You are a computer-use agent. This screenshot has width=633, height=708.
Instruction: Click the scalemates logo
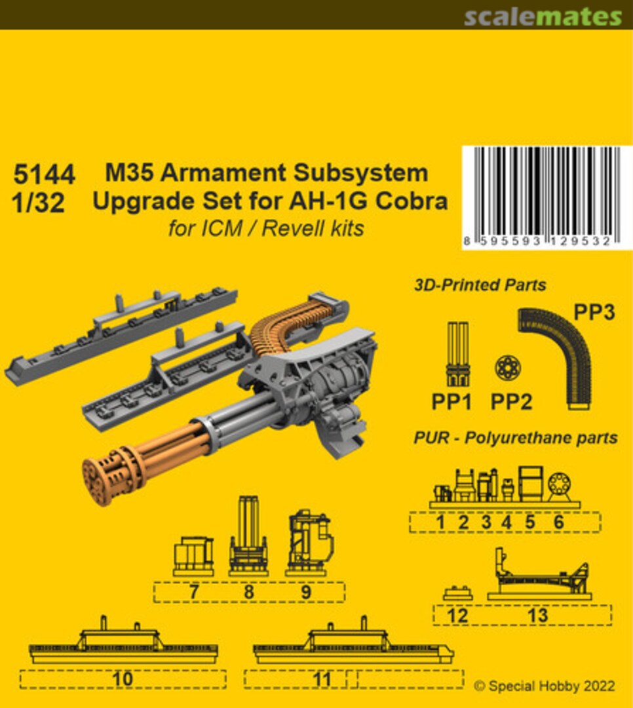click(x=543, y=17)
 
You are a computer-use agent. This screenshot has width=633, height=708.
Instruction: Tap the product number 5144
click(x=44, y=176)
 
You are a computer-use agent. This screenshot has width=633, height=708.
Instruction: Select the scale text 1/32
click(x=39, y=204)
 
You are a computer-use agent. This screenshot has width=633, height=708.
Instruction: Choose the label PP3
click(x=594, y=313)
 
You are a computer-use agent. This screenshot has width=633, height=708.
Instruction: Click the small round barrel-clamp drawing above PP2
click(x=508, y=368)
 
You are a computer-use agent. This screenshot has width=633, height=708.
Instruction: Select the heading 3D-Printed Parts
click(x=480, y=285)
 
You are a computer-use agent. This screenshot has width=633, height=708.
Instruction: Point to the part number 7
click(x=193, y=592)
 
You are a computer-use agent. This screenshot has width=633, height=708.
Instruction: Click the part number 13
click(x=537, y=615)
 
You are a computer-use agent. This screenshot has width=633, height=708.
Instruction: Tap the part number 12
click(x=458, y=615)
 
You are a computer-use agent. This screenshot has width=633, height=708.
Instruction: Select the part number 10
click(x=123, y=679)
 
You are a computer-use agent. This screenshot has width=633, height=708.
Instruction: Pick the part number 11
click(x=322, y=679)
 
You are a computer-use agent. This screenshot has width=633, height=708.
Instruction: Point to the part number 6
click(x=558, y=522)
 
